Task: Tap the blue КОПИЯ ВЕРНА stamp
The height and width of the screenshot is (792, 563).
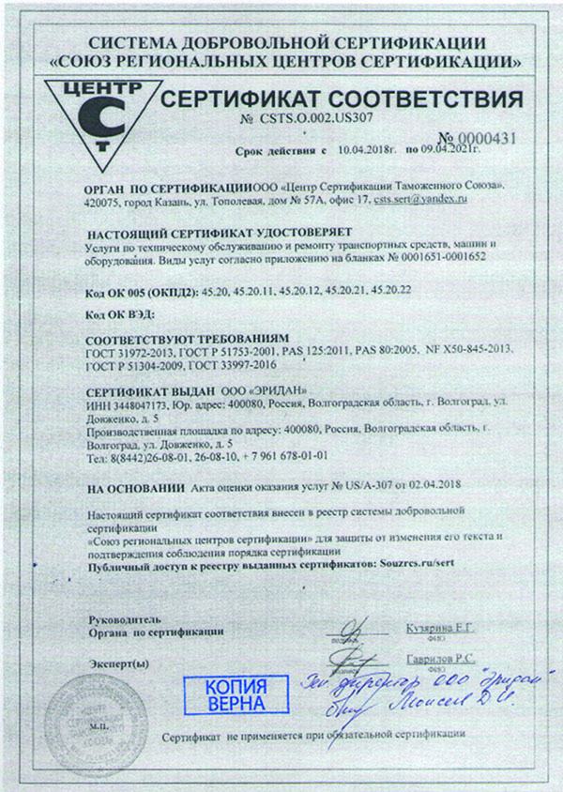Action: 235,693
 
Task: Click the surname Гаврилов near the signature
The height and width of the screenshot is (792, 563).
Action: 432,659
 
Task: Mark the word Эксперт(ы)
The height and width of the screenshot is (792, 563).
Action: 118,663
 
